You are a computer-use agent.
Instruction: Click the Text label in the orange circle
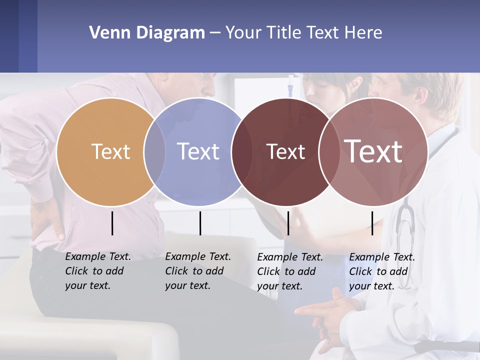(110, 151)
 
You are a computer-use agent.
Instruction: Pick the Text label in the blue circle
(198, 151)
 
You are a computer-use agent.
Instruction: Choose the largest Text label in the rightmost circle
(373, 151)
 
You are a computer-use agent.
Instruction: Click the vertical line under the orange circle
(112, 223)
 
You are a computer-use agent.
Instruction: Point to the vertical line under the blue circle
(200, 223)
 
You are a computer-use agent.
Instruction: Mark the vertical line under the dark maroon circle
(288, 223)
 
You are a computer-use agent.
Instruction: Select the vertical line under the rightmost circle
(372, 223)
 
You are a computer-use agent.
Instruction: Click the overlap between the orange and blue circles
(154, 151)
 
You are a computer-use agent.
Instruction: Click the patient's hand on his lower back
(47, 220)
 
